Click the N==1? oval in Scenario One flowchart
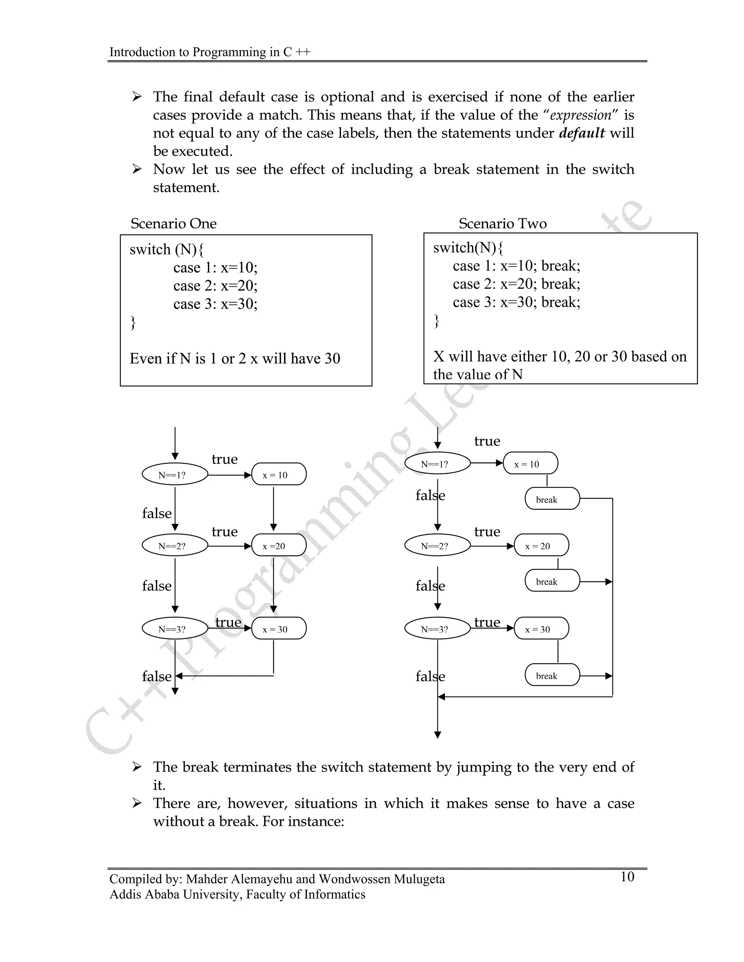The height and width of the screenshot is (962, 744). pos(174,474)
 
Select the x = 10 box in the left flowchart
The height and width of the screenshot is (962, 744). pos(279,474)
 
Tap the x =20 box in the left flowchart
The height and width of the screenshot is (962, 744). pos(279,546)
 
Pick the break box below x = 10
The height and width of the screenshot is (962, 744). pos(552,499)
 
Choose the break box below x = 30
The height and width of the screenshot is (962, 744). pos(552,675)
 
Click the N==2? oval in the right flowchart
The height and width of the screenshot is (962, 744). pos(437,546)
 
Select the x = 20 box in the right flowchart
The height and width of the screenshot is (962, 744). pos(541,546)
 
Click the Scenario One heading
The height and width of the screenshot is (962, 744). pos(173,223)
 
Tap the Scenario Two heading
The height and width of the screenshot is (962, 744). pos(502,223)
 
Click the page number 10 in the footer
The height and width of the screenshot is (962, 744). pos(627,877)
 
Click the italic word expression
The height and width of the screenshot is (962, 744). pos(581,115)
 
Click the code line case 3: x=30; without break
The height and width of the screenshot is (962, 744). pos(215,304)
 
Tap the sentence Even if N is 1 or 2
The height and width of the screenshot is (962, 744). pos(234,359)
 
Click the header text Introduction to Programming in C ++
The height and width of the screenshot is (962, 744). pos(210,52)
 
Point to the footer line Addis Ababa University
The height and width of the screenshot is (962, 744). pos(237,894)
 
